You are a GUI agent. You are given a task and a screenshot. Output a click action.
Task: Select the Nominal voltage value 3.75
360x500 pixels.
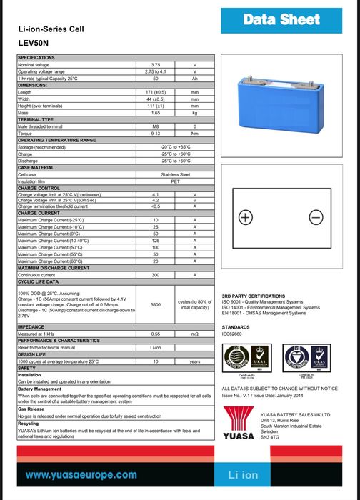click(155, 65)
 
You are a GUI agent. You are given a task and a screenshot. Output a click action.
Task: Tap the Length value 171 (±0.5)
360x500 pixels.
click(155, 93)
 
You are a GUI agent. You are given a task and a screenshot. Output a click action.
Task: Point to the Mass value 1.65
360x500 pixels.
click(155, 113)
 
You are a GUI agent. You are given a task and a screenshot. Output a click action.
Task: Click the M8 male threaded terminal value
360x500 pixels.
click(155, 126)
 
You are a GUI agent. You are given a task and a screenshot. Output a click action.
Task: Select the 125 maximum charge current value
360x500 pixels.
click(155, 241)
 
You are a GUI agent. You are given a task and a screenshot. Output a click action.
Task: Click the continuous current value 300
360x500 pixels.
click(155, 275)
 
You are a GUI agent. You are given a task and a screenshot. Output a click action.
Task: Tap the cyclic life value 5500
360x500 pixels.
click(155, 304)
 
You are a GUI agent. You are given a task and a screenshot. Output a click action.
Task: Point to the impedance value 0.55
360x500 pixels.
click(155, 334)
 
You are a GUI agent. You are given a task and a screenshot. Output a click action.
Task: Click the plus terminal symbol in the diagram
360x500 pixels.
click(245, 217)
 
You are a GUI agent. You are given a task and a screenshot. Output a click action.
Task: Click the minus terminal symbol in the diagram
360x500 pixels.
click(314, 217)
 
